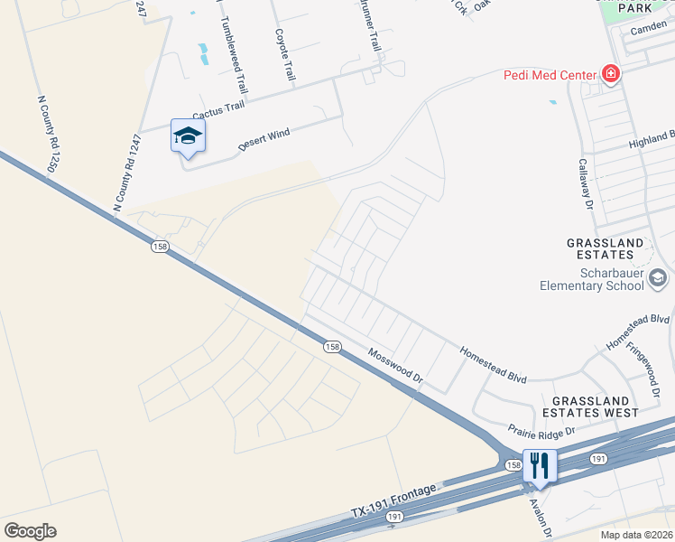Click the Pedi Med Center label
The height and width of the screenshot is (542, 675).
click(550, 74)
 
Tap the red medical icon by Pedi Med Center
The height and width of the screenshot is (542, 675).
click(611, 74)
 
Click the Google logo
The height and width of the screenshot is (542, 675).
click(30, 531)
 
